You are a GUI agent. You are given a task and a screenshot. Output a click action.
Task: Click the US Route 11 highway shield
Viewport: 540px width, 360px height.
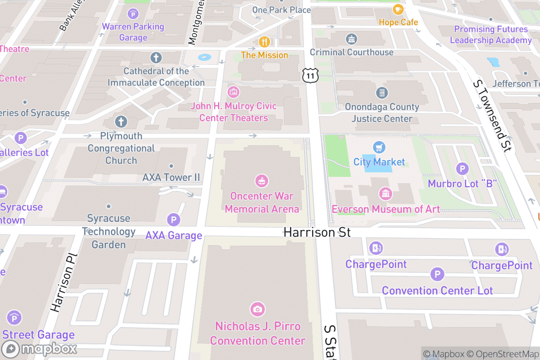point(310,75)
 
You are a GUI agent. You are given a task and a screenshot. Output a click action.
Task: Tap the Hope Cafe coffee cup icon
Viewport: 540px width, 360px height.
point(398,9)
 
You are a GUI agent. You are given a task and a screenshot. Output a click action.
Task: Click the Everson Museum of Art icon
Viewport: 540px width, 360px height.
point(386,194)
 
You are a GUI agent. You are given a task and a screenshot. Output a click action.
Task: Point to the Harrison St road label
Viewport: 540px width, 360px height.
point(317,232)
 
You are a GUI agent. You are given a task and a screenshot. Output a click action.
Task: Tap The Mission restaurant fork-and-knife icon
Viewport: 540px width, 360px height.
point(264,42)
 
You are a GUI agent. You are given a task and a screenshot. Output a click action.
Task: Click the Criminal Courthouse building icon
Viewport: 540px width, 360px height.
point(351,39)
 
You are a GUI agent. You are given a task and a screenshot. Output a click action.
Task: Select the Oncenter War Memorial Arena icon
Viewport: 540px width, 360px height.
point(261,181)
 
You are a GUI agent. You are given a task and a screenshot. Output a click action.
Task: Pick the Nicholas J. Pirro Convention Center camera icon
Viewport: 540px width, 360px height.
point(257,309)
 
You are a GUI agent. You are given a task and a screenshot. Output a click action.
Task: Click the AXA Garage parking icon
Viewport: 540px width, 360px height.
point(173,220)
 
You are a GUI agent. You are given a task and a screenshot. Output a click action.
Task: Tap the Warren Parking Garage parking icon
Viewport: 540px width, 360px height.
point(133,14)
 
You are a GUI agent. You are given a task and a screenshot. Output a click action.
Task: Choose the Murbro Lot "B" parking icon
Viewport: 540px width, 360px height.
point(462,169)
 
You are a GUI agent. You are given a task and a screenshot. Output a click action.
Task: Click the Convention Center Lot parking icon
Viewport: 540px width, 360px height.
point(437,274)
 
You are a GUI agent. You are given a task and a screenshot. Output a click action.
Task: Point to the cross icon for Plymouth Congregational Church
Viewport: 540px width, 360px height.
point(121,121)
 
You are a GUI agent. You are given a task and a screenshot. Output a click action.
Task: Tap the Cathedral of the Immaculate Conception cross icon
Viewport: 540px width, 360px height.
point(156,58)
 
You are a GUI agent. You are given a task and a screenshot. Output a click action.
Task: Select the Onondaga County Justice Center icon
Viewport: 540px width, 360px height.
point(382,93)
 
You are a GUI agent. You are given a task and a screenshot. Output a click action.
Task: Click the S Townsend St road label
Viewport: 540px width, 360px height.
point(493,116)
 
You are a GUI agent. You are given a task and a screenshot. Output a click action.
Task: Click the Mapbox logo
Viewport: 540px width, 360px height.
point(40,349)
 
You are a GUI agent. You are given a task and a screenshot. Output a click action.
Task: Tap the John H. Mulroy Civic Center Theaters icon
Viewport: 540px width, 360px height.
point(233,92)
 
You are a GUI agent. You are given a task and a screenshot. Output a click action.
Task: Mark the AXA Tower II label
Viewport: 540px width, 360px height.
point(171,177)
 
